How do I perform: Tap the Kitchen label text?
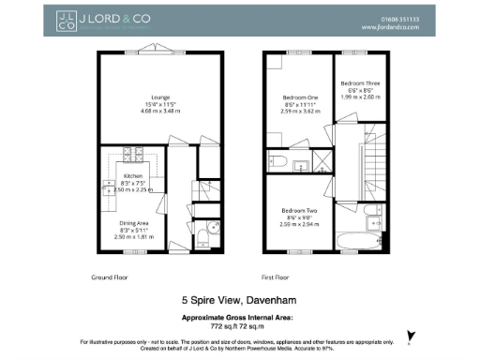pyautogui.click(x=132, y=175)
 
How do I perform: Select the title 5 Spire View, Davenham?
pyautogui.click(x=240, y=302)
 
